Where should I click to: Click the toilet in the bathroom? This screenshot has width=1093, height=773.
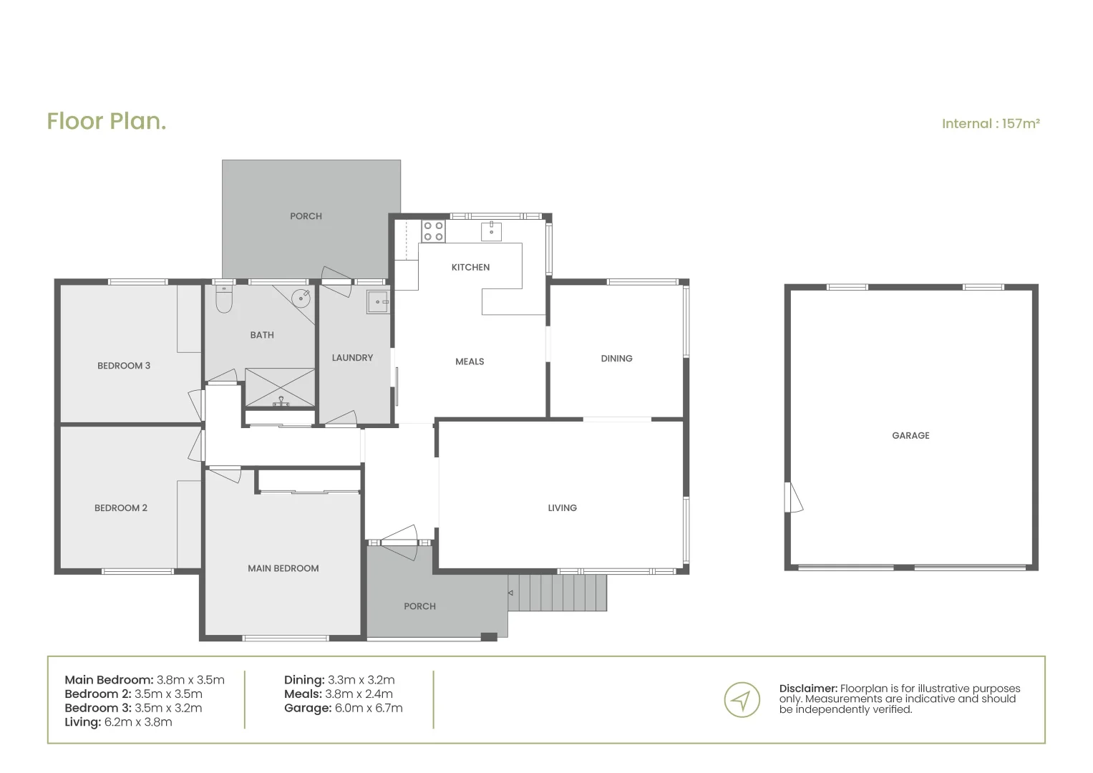click(223, 301)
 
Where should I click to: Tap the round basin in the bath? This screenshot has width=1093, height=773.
click(301, 297)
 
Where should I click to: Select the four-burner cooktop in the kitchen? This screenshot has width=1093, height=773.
click(433, 231)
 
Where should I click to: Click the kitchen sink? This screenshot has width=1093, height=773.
click(491, 231)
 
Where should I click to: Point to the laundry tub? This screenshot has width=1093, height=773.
click(378, 302)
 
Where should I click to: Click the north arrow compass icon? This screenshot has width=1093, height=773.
click(742, 699)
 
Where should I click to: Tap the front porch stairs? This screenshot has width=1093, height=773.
click(558, 593)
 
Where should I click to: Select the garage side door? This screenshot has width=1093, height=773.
click(794, 497)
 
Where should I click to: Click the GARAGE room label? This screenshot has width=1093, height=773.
click(910, 435)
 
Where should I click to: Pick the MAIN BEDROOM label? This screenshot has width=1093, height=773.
click(283, 568)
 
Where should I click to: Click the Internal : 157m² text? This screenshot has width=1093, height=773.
click(990, 124)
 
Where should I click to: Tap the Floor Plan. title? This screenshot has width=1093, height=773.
click(107, 121)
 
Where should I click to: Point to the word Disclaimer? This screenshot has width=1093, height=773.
click(807, 689)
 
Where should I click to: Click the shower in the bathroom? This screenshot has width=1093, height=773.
click(280, 387)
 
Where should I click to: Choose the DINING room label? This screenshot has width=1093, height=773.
click(616, 359)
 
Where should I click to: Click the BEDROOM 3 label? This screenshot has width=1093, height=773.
click(124, 366)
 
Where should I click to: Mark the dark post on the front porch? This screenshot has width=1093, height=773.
click(488, 637)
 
